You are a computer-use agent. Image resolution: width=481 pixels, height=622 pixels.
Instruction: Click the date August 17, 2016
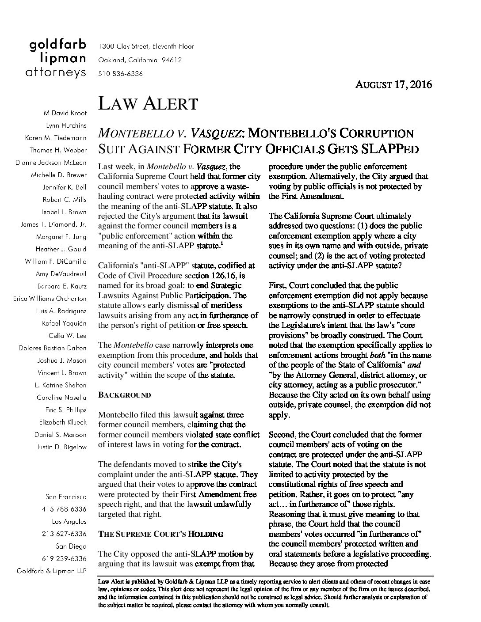(x=393, y=84)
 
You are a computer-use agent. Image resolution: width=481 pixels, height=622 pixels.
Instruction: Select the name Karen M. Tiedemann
(x=56, y=138)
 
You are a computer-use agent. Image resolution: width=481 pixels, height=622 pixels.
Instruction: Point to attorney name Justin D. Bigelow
(x=61, y=447)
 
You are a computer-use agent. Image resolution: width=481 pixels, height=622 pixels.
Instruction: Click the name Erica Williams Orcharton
(x=50, y=299)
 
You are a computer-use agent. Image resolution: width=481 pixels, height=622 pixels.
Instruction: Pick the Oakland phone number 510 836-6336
(x=120, y=74)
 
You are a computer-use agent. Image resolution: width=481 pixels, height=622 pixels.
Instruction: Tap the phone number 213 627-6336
(x=64, y=534)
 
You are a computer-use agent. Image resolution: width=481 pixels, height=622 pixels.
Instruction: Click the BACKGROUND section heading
(x=124, y=395)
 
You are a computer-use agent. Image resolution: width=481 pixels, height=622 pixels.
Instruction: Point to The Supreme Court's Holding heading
(x=160, y=534)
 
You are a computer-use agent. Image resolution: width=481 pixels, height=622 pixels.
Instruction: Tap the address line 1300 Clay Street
(x=146, y=46)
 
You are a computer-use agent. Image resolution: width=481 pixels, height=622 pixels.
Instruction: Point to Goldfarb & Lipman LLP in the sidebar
(x=51, y=571)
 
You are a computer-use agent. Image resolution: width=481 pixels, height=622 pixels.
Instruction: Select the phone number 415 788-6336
(x=64, y=509)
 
